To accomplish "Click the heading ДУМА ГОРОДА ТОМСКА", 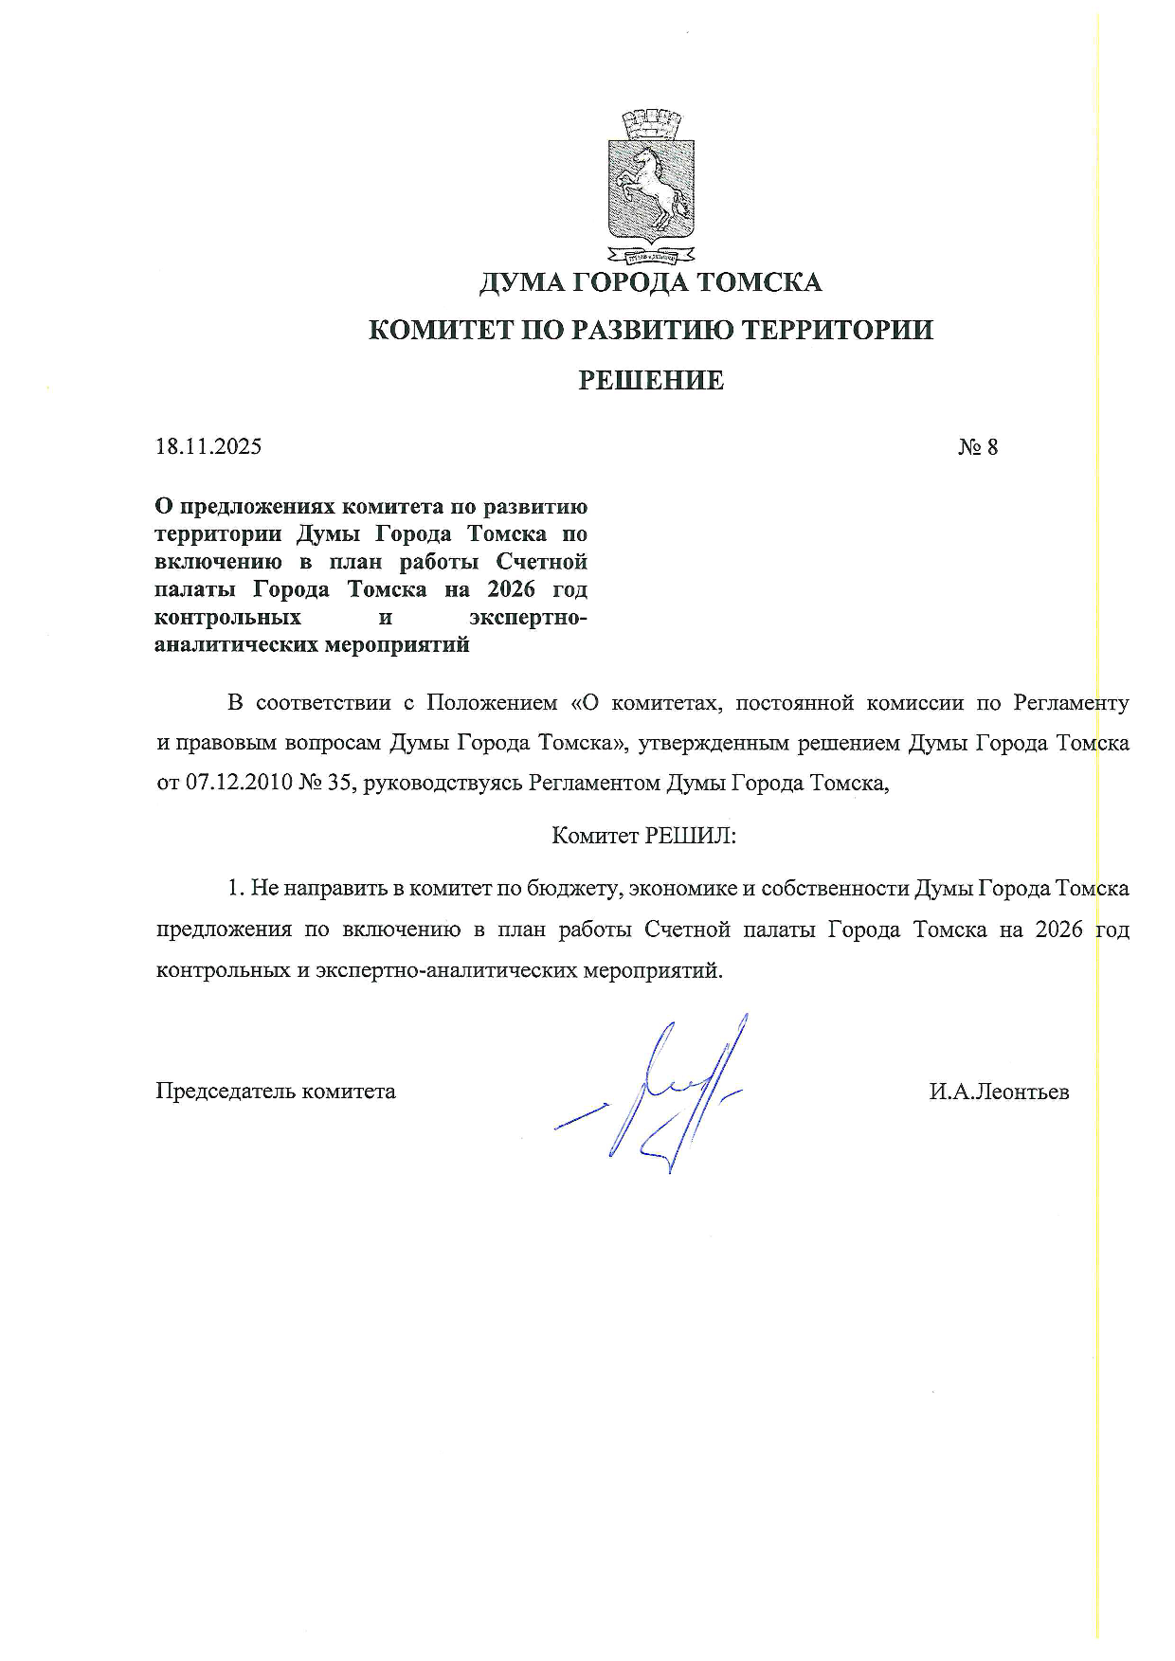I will pyautogui.click(x=651, y=282).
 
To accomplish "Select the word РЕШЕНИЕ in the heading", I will pyautogui.click(x=651, y=381).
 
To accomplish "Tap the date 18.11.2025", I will pyautogui.click(x=208, y=446).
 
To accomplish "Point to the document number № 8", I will pyautogui.click(x=977, y=446).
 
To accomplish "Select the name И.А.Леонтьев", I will pyautogui.click(x=999, y=1092).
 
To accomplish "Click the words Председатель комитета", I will pyautogui.click(x=276, y=1092).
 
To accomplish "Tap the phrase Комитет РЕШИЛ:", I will pyautogui.click(x=644, y=836).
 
